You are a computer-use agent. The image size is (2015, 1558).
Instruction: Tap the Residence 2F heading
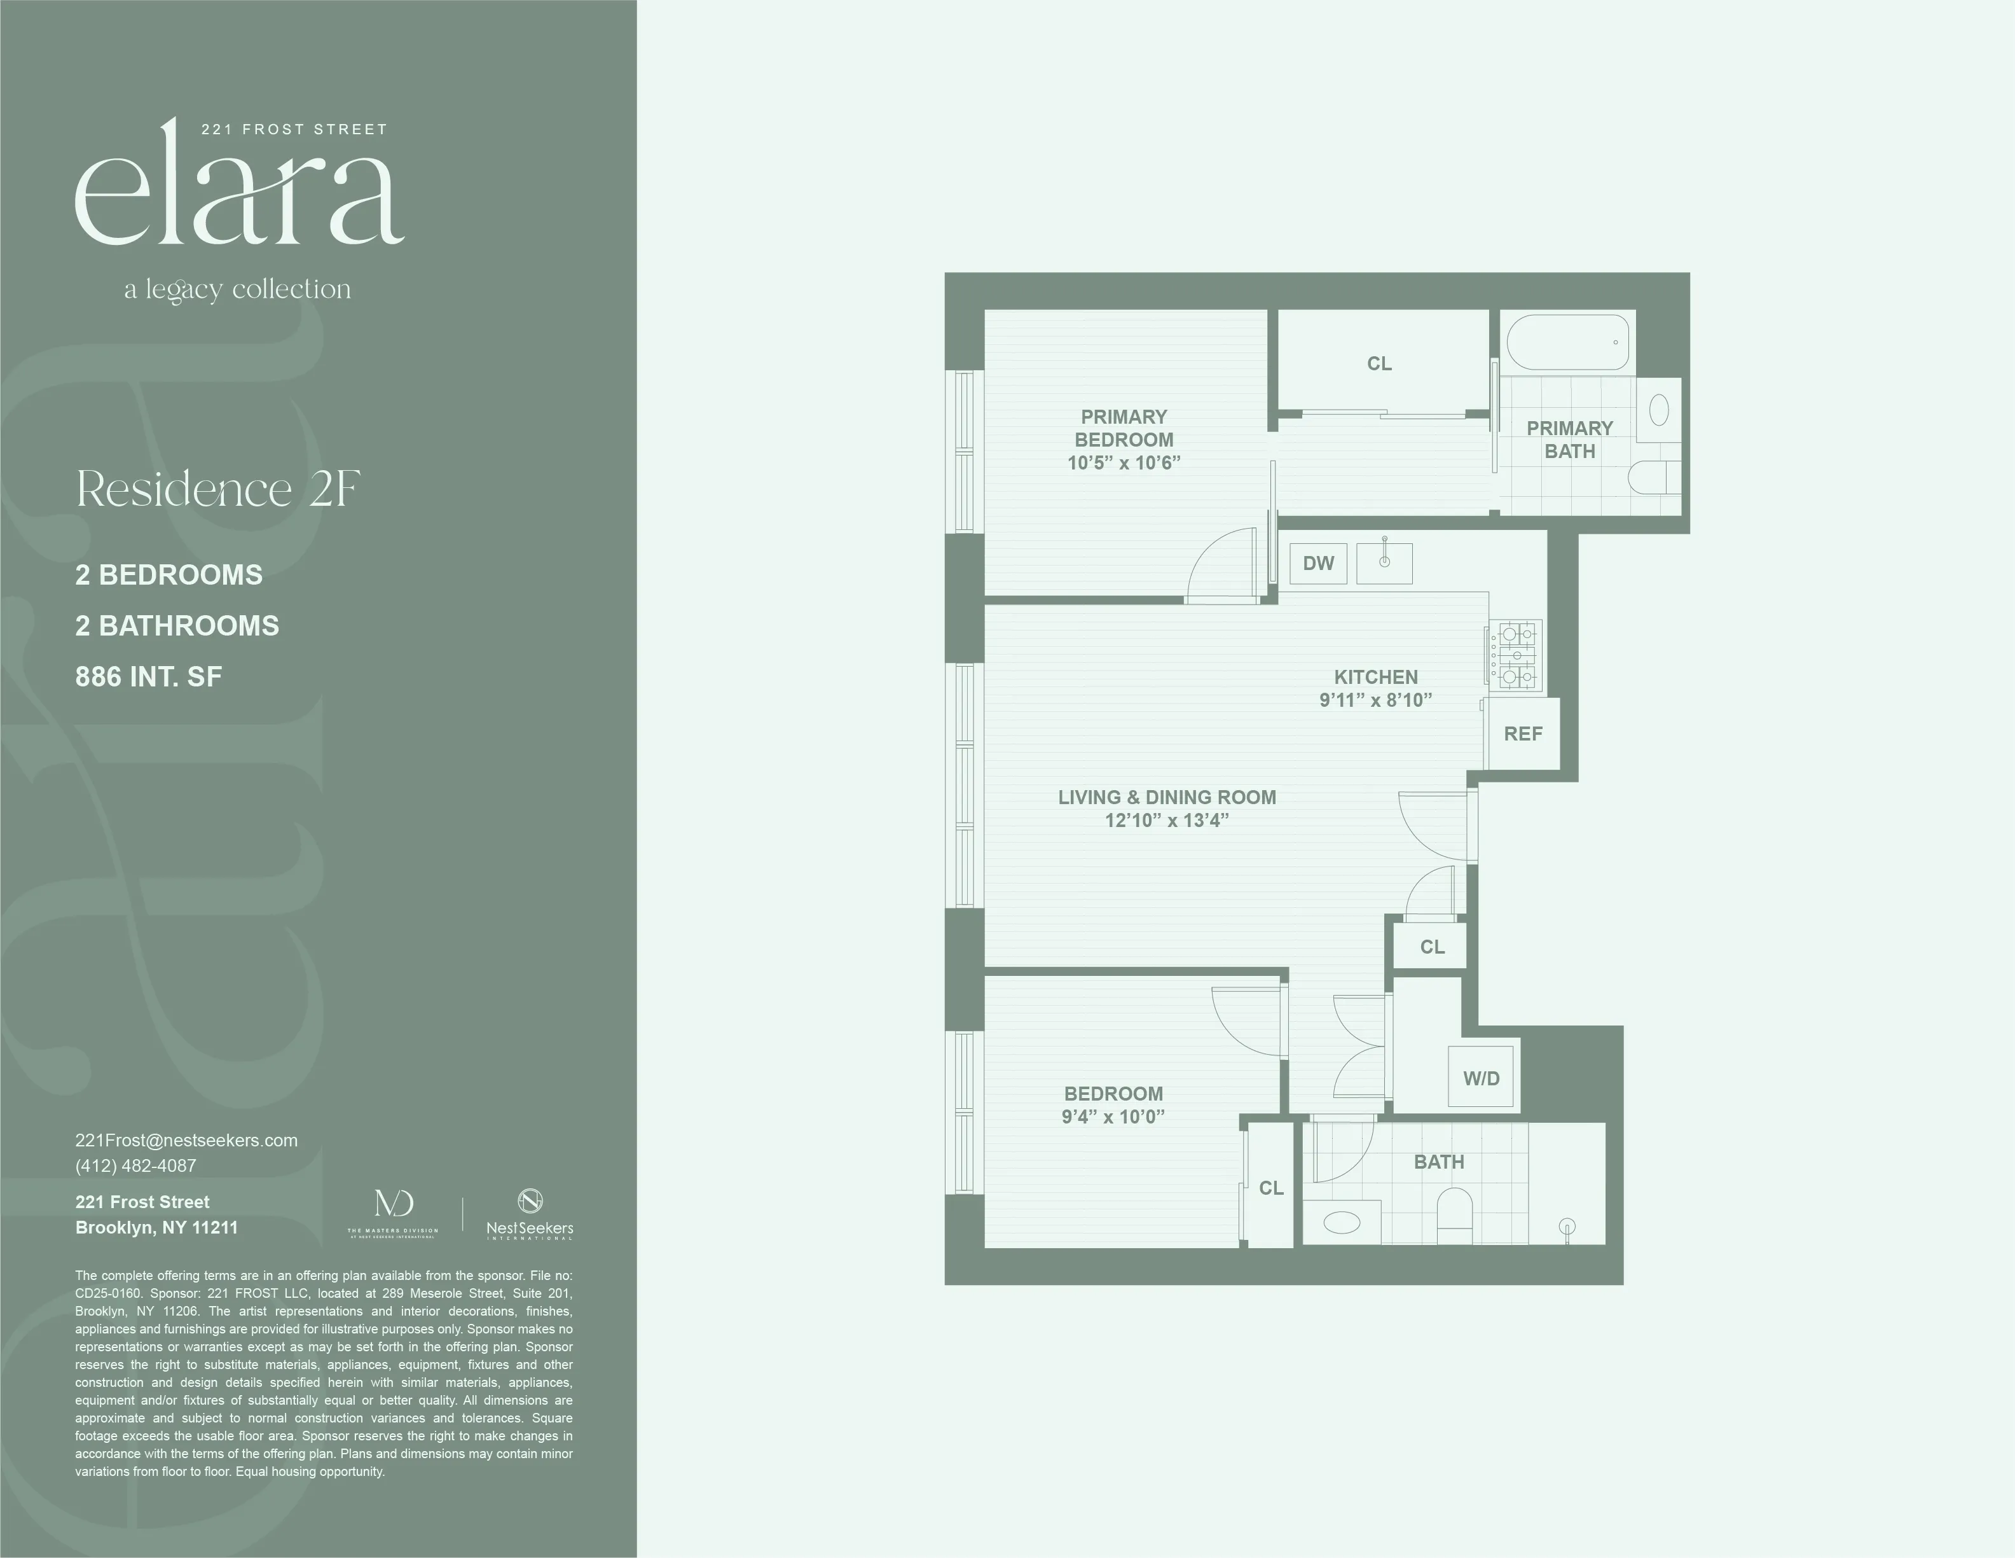(x=217, y=489)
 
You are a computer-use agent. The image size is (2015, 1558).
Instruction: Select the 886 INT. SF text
(x=149, y=676)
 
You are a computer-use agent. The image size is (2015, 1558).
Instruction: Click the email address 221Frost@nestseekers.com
(x=186, y=1140)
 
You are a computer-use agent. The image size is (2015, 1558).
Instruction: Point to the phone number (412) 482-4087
(x=135, y=1165)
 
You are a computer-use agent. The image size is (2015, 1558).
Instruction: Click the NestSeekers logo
(x=530, y=1214)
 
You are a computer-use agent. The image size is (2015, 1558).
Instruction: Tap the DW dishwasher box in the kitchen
(x=1318, y=563)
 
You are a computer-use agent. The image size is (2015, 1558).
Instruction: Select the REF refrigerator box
(x=1522, y=734)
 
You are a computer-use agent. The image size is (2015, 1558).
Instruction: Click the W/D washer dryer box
(x=1481, y=1077)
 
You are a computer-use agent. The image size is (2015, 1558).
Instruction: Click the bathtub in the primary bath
(x=1567, y=342)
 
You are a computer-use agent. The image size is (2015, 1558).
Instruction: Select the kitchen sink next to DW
(x=1384, y=563)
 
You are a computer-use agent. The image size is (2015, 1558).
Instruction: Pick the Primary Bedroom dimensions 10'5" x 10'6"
(x=1124, y=463)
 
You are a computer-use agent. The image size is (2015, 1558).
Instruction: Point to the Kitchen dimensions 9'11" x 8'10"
(x=1375, y=700)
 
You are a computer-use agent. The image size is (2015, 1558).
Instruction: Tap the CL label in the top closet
(x=1379, y=364)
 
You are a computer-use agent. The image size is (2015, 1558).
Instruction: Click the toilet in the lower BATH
(x=1454, y=1209)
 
